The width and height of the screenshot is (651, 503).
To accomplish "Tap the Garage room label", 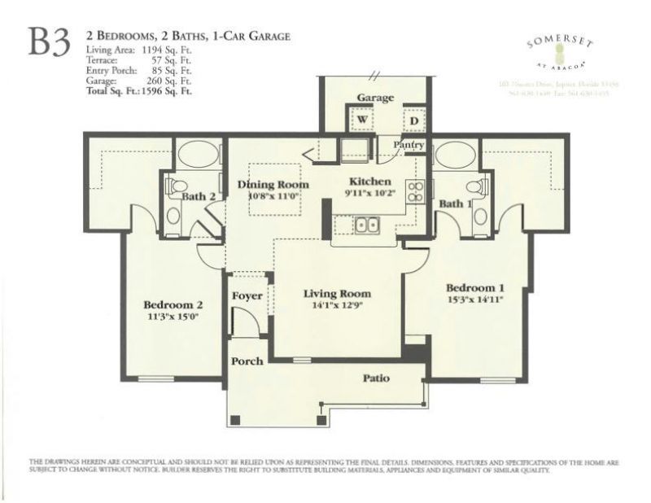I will [x=375, y=98].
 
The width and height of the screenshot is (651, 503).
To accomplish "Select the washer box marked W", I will [x=360, y=120].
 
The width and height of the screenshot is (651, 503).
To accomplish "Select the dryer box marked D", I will [x=413, y=121].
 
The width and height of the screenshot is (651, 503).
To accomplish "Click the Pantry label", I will [x=409, y=145].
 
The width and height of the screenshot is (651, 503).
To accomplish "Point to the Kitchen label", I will [x=370, y=182].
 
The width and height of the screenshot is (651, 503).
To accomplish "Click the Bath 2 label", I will [x=199, y=196].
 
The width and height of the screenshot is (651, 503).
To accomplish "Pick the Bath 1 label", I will [x=455, y=203].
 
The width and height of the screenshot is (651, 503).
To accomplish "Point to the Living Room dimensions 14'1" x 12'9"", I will [x=337, y=306].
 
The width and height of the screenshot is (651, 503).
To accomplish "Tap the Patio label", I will [x=376, y=378].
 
